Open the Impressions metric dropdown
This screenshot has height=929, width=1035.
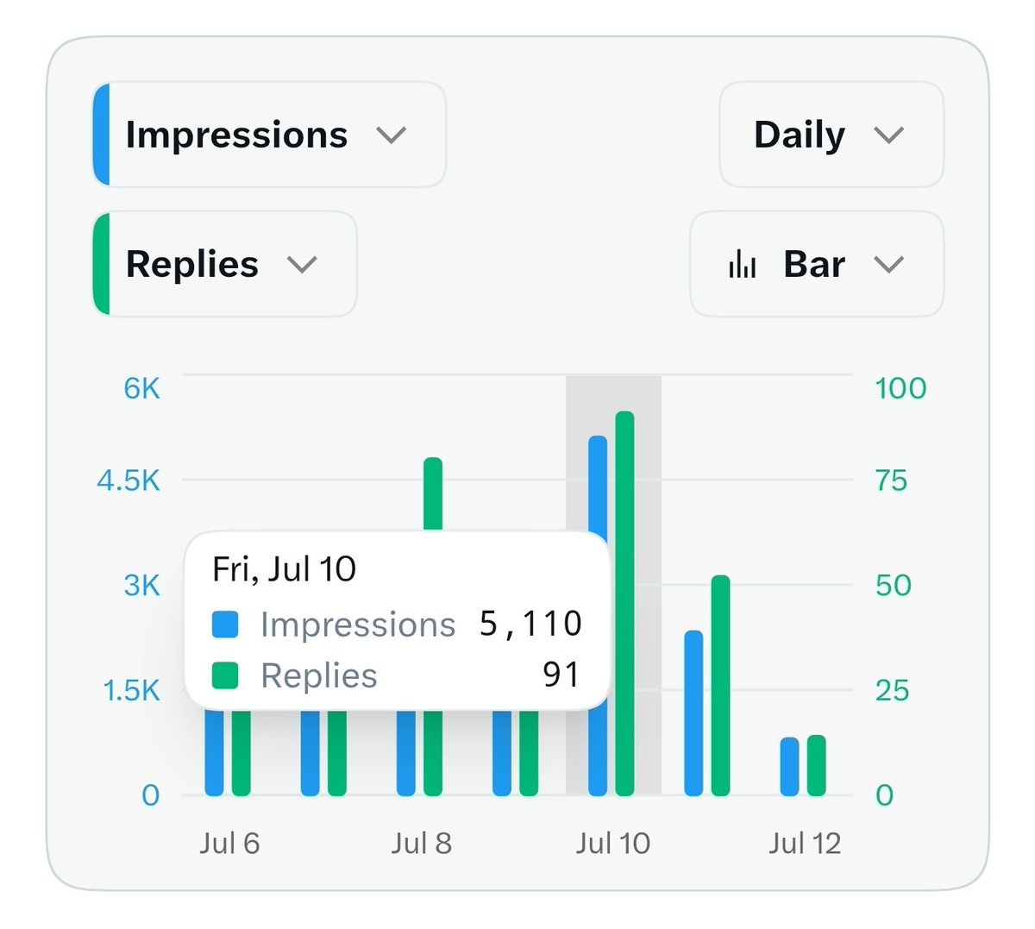[269, 135]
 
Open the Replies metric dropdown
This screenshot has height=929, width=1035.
[225, 264]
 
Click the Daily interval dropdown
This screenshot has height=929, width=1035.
[831, 135]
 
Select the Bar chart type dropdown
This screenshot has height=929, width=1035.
[816, 264]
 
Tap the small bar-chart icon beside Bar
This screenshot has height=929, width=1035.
[743, 264]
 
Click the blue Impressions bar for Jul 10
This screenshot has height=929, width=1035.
[598, 616]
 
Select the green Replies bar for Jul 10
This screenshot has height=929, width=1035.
[624, 604]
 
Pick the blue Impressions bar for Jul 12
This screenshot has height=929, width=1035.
[789, 767]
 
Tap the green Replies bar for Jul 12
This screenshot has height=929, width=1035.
[816, 765]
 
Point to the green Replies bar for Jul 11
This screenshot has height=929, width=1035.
[720, 685]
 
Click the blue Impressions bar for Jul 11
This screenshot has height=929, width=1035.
[693, 712]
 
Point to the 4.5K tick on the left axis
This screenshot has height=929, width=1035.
[129, 480]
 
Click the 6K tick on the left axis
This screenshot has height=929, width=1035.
[141, 388]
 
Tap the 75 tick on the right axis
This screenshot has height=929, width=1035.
[892, 480]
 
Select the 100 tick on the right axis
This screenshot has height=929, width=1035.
[900, 388]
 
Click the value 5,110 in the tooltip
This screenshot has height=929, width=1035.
[530, 624]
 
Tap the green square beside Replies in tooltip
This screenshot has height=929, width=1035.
[225, 675]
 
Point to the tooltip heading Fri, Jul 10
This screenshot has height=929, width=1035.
[284, 568]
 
